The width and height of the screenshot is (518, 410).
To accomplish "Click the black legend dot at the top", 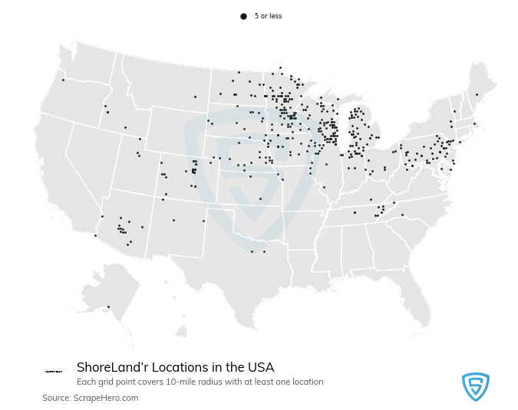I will click(x=243, y=16).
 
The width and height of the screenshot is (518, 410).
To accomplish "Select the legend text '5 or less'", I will click(x=268, y=16).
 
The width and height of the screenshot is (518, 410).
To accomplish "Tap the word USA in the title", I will click(x=261, y=367).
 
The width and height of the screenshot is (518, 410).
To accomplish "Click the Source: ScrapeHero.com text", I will click(x=90, y=398).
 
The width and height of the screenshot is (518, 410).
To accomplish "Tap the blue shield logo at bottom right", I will click(x=475, y=386).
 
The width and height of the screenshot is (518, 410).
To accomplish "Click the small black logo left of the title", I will click(x=54, y=371).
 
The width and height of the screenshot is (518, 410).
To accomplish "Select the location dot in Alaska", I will click(x=108, y=307).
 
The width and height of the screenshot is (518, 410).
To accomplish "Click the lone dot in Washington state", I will click(x=63, y=80).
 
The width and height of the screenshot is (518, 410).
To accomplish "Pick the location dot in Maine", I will click(x=477, y=95).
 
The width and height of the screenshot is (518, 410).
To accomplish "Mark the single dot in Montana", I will click(x=195, y=97).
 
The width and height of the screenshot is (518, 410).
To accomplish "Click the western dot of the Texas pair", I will click(x=251, y=251).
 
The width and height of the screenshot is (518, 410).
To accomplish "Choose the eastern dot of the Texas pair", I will click(x=264, y=251).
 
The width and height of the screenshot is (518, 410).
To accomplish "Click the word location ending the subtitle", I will click(x=308, y=382).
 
